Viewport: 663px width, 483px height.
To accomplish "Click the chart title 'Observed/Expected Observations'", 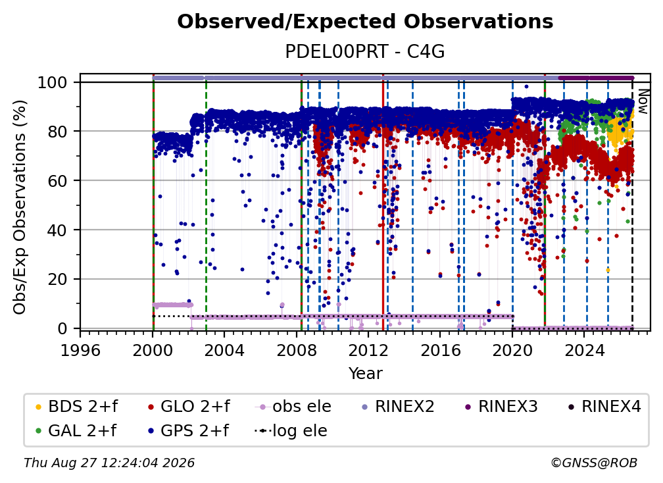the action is click(x=365, y=22).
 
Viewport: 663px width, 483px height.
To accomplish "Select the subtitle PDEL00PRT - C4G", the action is click(x=365, y=52).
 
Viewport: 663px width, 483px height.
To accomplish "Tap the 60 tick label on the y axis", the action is click(x=57, y=180).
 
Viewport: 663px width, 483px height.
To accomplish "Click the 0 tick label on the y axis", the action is click(x=62, y=328).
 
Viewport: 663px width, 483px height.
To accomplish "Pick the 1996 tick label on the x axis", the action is click(x=80, y=350).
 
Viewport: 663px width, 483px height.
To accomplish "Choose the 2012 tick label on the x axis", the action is click(x=368, y=350).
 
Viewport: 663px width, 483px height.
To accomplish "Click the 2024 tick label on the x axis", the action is click(x=584, y=350).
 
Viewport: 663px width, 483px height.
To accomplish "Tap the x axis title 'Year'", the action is click(x=365, y=374).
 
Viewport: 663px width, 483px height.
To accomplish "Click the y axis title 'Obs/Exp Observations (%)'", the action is click(x=20, y=207).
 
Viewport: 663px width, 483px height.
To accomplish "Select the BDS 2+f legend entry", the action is click(x=76, y=407).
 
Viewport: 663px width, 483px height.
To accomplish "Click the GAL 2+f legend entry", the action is click(x=76, y=431).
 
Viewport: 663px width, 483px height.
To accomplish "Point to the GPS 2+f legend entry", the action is click(x=187, y=431).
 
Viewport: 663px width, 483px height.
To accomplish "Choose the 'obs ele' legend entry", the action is click(x=293, y=407).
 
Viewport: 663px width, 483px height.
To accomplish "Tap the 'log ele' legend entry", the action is click(x=291, y=431).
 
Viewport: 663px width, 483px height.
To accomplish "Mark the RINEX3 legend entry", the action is click(x=501, y=407).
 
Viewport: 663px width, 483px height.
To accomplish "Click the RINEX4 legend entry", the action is click(x=604, y=407).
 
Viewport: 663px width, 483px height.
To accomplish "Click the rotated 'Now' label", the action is click(x=643, y=101).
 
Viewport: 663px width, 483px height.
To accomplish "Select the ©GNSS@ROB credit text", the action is click(x=594, y=463).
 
